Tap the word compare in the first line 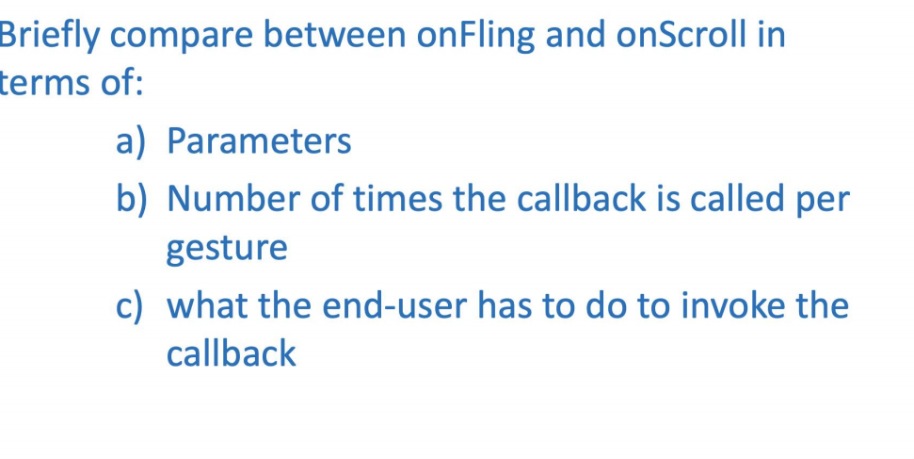183,36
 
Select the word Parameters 259,141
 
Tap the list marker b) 134,199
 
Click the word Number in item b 226,199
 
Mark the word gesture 227,249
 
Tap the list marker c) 134,306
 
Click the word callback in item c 231,354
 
